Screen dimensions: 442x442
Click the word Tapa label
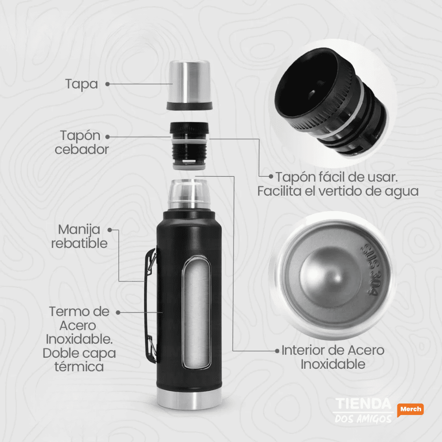point(81,84)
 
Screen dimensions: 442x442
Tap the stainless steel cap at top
point(189,83)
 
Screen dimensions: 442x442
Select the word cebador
point(82,149)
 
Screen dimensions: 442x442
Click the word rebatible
point(79,244)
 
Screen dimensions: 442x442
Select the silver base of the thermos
point(189,401)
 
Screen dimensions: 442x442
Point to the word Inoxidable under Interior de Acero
point(333,364)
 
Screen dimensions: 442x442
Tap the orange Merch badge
point(410,409)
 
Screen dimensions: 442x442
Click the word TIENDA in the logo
point(362,404)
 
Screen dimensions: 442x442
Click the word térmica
point(79,366)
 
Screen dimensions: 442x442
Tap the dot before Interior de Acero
point(277,351)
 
